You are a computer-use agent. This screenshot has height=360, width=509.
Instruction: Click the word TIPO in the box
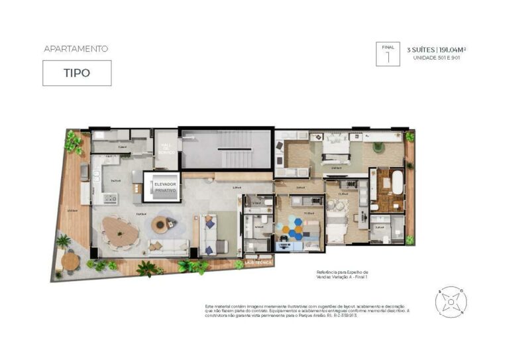coord(77,74)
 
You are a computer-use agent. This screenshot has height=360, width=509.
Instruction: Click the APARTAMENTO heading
coord(76,49)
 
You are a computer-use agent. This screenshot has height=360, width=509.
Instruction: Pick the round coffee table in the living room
coord(160,225)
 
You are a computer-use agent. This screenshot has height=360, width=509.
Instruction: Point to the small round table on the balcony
coord(71,261)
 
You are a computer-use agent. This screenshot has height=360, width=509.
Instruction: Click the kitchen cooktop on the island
coord(110,198)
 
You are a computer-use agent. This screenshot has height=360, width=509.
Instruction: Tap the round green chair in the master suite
coord(378,147)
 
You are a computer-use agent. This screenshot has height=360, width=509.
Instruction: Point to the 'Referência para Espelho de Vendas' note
coord(342,274)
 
